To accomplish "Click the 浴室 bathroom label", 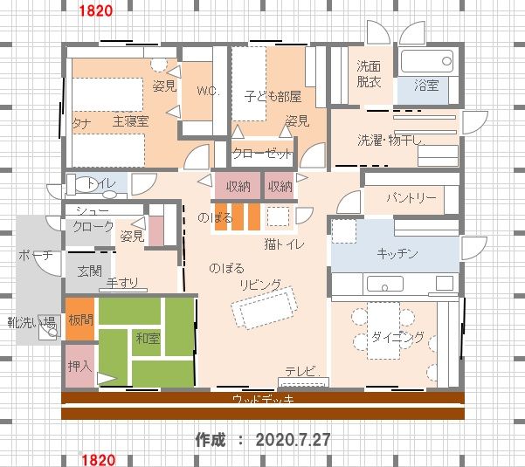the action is pyautogui.click(x=426, y=85).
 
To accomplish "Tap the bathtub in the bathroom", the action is pyautogui.click(x=427, y=61).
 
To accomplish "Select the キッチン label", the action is pyautogui.click(x=397, y=253).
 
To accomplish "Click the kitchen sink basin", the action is pyautogui.click(x=385, y=284).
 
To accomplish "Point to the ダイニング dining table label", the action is pyautogui.click(x=397, y=337).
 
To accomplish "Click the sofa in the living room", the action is pyautogui.click(x=265, y=307).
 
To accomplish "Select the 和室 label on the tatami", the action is pyautogui.click(x=148, y=339).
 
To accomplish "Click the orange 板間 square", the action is pyautogui.click(x=79, y=319).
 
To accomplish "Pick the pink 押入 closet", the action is pyautogui.click(x=79, y=366).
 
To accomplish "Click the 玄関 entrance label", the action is pyautogui.click(x=89, y=271).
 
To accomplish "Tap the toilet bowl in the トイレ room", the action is pyautogui.click(x=85, y=184).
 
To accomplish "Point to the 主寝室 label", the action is pyautogui.click(x=130, y=121).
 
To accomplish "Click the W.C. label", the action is pyautogui.click(x=208, y=91).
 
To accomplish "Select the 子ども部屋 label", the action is pyautogui.click(x=273, y=96).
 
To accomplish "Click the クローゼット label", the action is pyautogui.click(x=262, y=154).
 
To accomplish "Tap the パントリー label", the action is pyautogui.click(x=411, y=197).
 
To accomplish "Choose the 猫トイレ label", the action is pyautogui.click(x=284, y=244).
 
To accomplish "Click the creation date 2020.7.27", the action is pyautogui.click(x=293, y=440).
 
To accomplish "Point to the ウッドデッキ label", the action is pyautogui.click(x=263, y=399).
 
